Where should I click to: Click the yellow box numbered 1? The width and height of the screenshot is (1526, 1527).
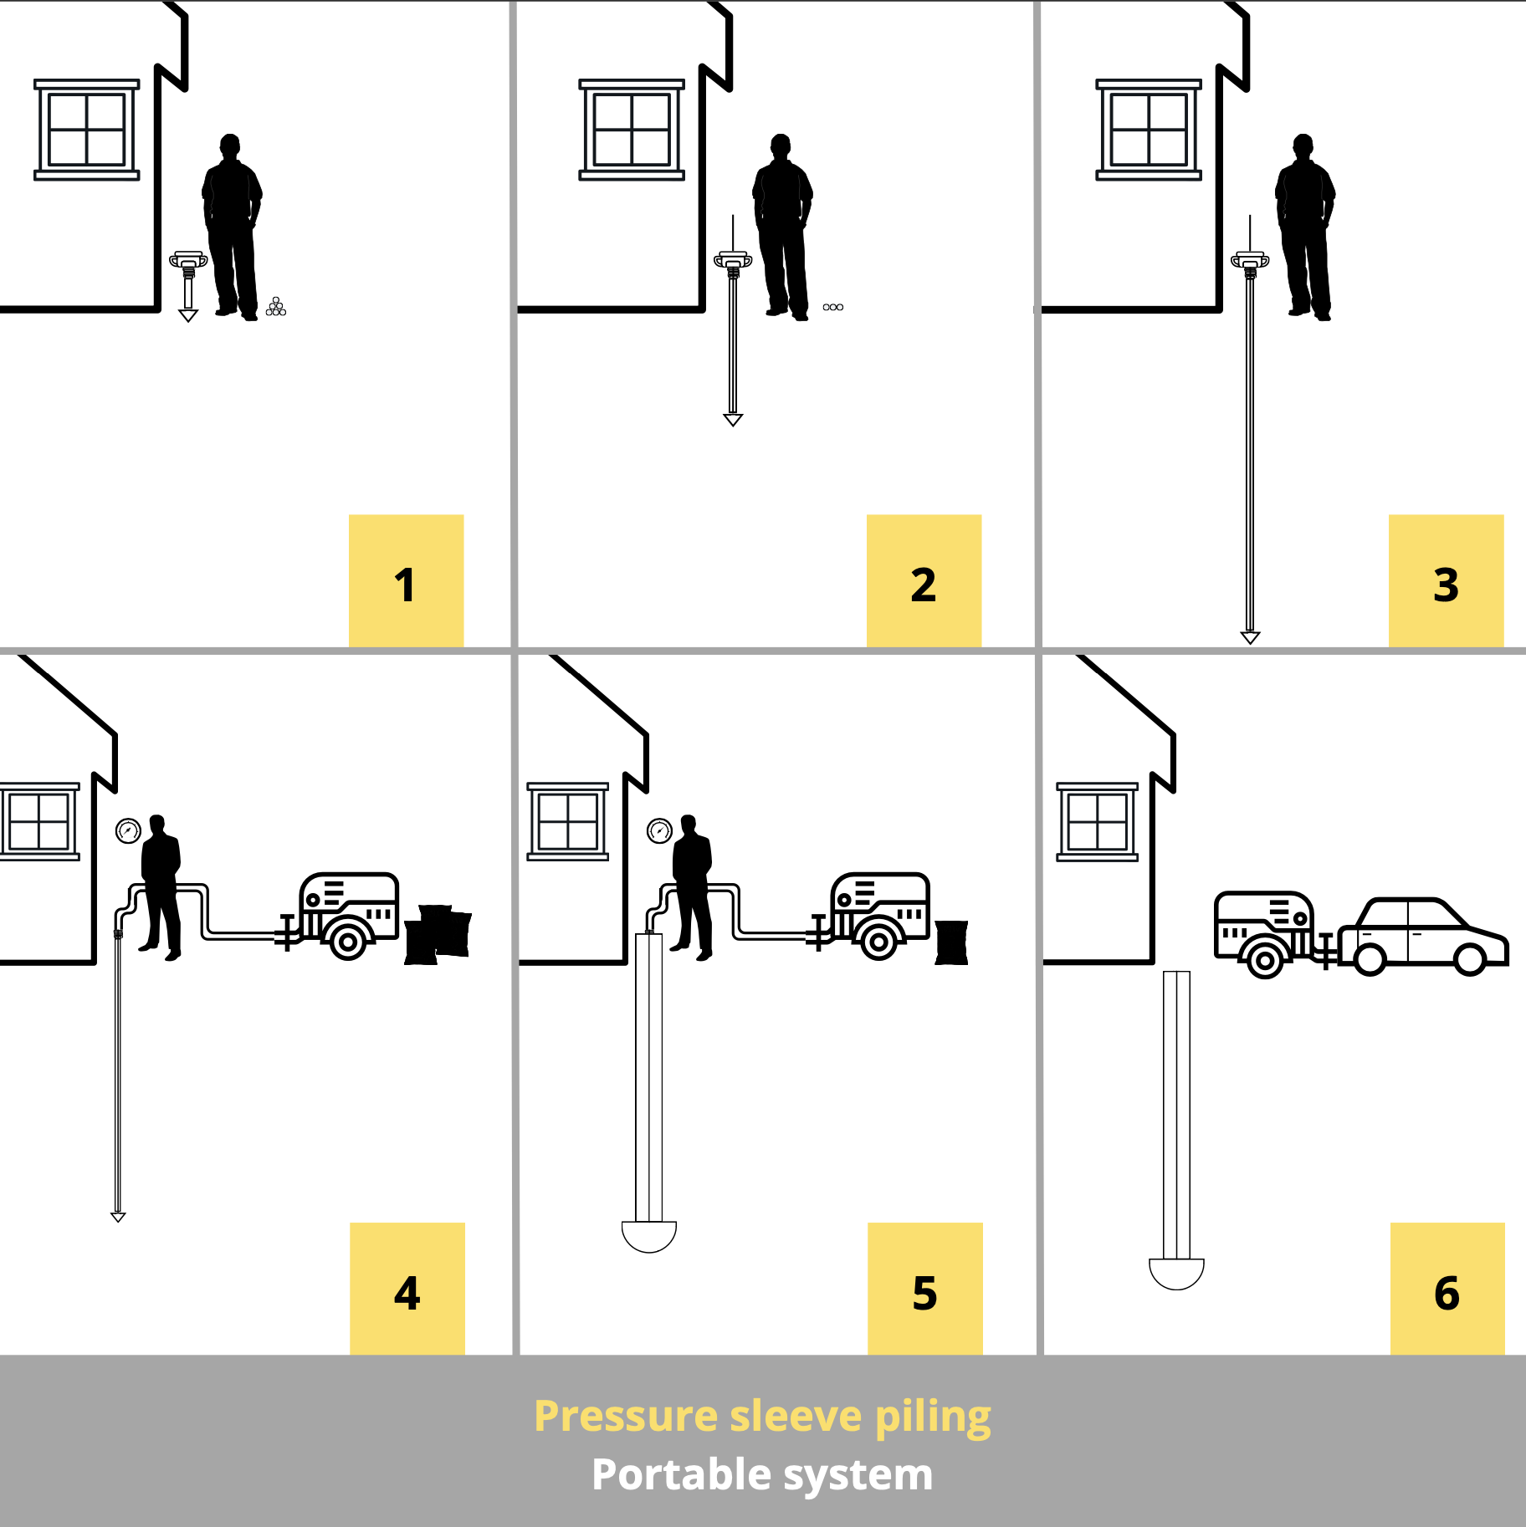406,580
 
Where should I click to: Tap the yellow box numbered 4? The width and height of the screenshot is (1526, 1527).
407,1288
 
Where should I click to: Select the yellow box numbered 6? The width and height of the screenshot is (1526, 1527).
1447,1288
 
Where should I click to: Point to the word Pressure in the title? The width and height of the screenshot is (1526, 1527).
626,1417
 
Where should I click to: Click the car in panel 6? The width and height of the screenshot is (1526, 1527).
1422,937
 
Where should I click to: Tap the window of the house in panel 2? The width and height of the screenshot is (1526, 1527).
632,130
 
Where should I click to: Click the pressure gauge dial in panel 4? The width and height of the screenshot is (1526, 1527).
128,831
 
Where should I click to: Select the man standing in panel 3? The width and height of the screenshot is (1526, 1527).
1304,227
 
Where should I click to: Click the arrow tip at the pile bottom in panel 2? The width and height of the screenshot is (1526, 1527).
733,420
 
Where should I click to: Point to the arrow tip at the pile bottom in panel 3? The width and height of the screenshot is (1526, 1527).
1250,638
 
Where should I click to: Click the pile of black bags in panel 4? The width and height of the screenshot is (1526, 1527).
438,934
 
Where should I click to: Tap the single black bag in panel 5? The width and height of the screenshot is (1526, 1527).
951,942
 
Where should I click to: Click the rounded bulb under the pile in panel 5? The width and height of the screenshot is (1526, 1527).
649,1237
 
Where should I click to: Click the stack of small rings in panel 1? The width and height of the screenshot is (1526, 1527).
276,307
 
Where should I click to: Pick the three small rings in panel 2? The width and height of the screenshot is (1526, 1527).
833,307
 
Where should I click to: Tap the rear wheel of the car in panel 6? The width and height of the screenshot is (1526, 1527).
1370,959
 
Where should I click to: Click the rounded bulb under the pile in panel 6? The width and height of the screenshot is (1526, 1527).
1176,1274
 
